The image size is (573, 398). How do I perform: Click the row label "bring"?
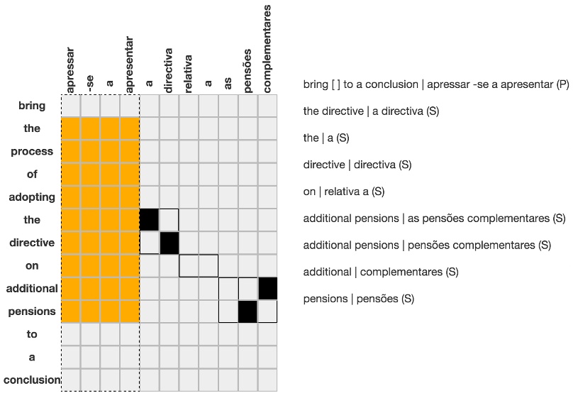32,106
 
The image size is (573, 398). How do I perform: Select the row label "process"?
32,151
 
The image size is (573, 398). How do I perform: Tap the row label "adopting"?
32,197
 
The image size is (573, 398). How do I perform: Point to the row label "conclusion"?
32,380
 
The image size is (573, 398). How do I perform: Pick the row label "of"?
32,174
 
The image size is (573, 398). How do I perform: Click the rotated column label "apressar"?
71,70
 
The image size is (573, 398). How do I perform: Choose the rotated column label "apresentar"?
130,65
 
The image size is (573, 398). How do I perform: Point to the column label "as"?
228,84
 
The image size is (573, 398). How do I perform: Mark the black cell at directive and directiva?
169,243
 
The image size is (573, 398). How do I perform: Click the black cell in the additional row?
267,289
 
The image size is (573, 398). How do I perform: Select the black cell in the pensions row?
247,311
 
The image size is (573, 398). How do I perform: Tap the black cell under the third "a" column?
149,220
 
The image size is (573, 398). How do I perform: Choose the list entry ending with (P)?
435,84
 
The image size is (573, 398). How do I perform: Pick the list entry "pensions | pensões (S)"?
358,299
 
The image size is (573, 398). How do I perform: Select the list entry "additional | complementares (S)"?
381,272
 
